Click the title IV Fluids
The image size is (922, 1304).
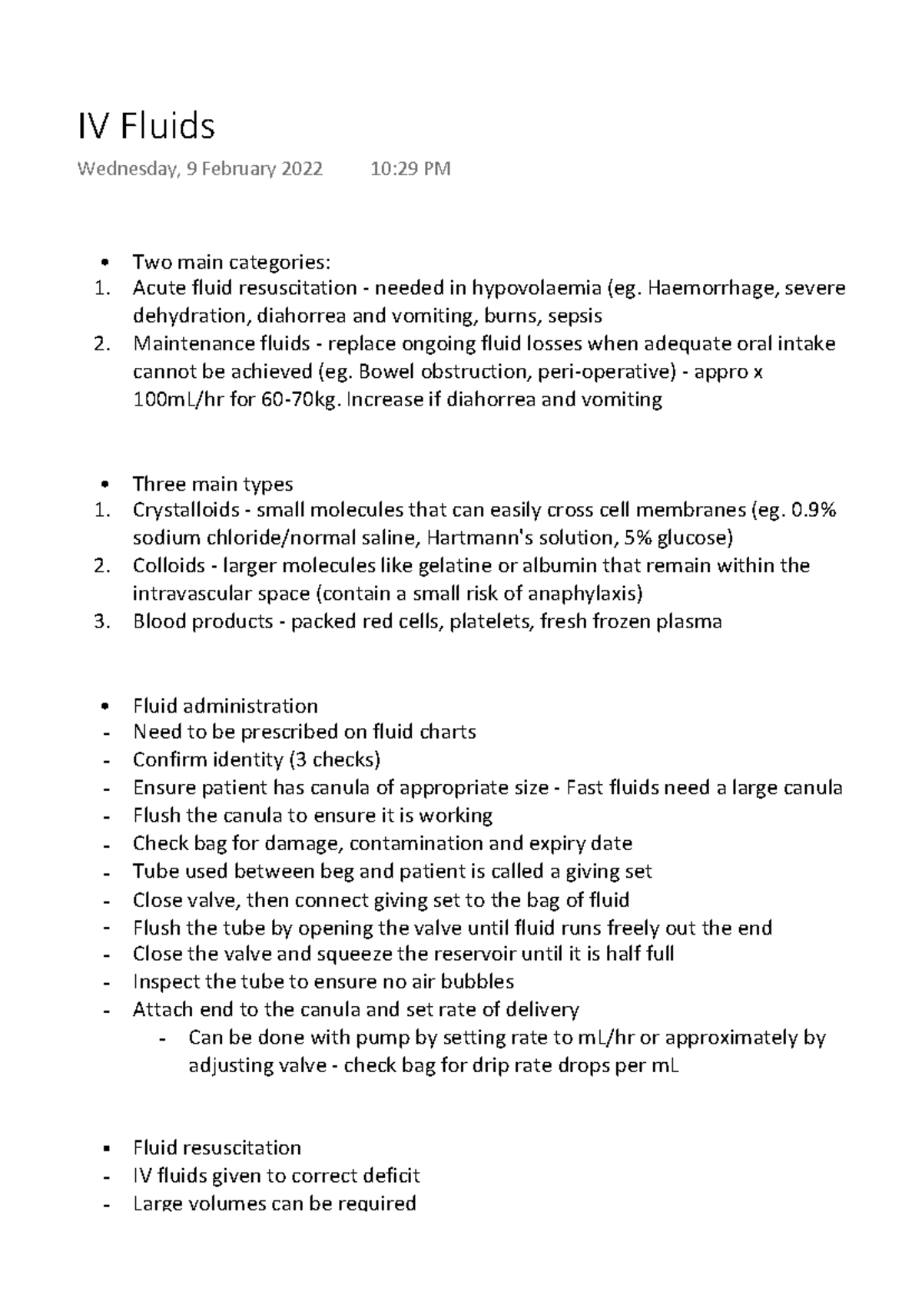coord(146,127)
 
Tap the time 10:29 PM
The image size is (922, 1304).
coord(410,169)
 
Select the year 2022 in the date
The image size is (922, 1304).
coord(300,169)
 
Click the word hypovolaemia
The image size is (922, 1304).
coord(536,289)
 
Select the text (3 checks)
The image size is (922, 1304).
coord(334,760)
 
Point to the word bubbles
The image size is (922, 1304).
coord(473,982)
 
